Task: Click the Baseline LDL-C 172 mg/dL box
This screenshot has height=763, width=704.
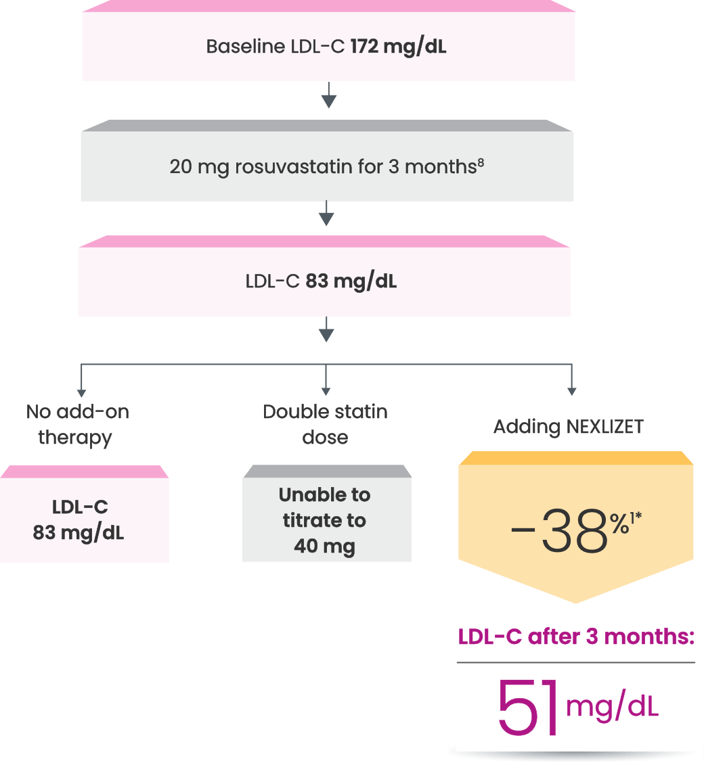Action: coord(328,47)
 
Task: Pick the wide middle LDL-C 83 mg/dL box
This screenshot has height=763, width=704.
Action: coord(324,281)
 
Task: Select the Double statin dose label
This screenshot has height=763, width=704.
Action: coord(326,424)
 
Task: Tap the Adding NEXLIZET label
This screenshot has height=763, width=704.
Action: coord(568,427)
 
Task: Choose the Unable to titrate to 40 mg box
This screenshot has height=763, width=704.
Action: coord(326,520)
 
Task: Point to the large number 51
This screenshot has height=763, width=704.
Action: coord(529,708)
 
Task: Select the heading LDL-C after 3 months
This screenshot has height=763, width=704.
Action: coord(577,637)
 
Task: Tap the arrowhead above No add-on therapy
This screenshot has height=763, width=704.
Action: coord(81,392)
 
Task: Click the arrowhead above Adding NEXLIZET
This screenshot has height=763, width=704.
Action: coord(572,392)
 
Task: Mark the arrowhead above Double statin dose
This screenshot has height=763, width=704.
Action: coord(326,392)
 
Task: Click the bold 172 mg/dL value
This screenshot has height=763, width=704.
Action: coord(398,48)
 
